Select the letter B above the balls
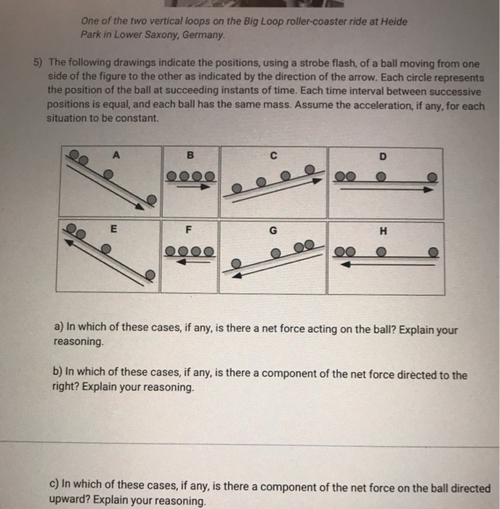point(190,154)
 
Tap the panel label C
point(273,155)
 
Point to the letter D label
point(383,156)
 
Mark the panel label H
point(382,232)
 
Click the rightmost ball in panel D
point(432,177)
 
